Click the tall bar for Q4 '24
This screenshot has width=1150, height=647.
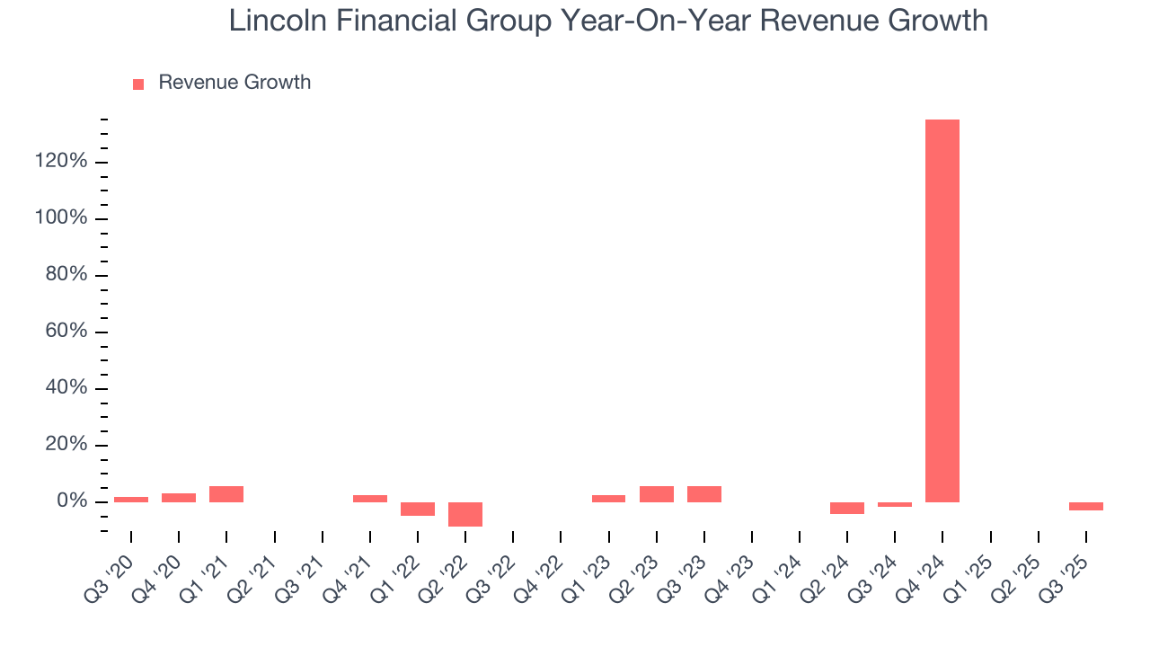942,310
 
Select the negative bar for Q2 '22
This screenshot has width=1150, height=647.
464,514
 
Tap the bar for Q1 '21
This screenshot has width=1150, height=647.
226,493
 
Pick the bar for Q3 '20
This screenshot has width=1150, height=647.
131,499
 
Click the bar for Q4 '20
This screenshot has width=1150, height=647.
179,497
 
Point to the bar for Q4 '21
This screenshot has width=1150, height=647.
369,498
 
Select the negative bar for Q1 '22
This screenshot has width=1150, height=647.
417,509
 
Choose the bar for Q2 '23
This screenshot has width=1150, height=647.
656,493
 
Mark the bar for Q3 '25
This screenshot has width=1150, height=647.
1085,506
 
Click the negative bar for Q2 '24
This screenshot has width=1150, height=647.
846,508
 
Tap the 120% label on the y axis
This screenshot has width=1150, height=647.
61,162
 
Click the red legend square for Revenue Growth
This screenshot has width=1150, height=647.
138,84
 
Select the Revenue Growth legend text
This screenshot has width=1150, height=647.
234,83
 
